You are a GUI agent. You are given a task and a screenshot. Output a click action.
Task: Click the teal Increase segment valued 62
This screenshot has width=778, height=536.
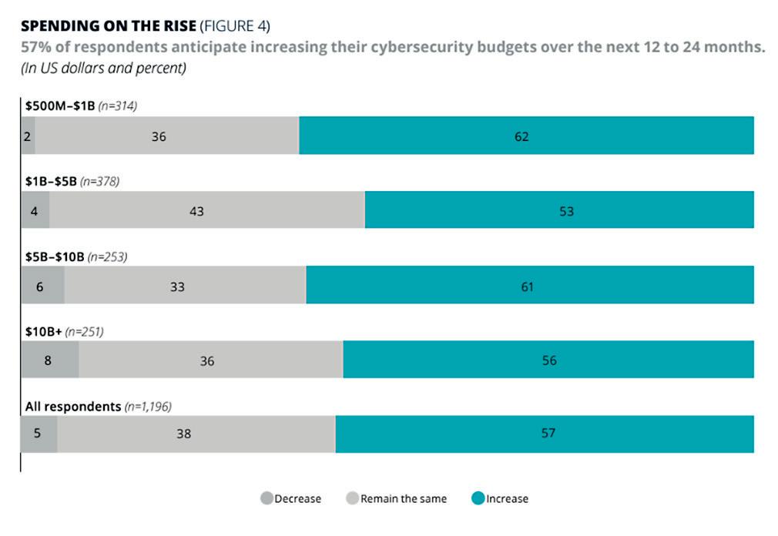526,136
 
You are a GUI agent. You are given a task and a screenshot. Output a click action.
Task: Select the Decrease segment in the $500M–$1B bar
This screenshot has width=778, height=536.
29,136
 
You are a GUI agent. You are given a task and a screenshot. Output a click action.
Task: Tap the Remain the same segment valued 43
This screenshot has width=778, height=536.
206,210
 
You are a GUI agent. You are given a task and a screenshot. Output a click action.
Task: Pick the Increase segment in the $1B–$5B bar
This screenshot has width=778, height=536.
559,210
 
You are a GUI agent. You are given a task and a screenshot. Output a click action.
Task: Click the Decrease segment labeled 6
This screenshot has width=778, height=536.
43,286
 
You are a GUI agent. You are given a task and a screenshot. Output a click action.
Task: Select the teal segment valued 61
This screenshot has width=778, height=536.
530,286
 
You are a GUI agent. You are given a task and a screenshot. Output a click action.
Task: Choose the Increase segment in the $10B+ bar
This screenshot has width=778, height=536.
548,360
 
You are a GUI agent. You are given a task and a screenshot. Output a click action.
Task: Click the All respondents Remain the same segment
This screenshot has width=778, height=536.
196,434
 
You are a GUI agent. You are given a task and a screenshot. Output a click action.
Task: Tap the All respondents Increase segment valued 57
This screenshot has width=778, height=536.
545,434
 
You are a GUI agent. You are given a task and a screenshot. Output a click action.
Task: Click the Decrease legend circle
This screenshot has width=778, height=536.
267,498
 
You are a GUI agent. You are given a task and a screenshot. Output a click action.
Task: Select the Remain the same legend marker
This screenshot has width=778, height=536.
353,498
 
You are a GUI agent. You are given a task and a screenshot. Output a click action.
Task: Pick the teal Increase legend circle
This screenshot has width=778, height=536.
478,498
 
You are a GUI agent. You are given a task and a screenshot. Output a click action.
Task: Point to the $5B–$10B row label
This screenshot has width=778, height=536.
55,257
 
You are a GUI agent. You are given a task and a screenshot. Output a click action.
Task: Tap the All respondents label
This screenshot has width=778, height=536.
73,406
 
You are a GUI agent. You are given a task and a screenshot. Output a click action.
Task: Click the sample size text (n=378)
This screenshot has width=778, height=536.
99,182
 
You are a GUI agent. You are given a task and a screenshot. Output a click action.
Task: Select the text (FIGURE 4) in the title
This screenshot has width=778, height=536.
235,26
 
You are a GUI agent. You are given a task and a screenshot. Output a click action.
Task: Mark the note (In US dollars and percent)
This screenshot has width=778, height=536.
104,68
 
